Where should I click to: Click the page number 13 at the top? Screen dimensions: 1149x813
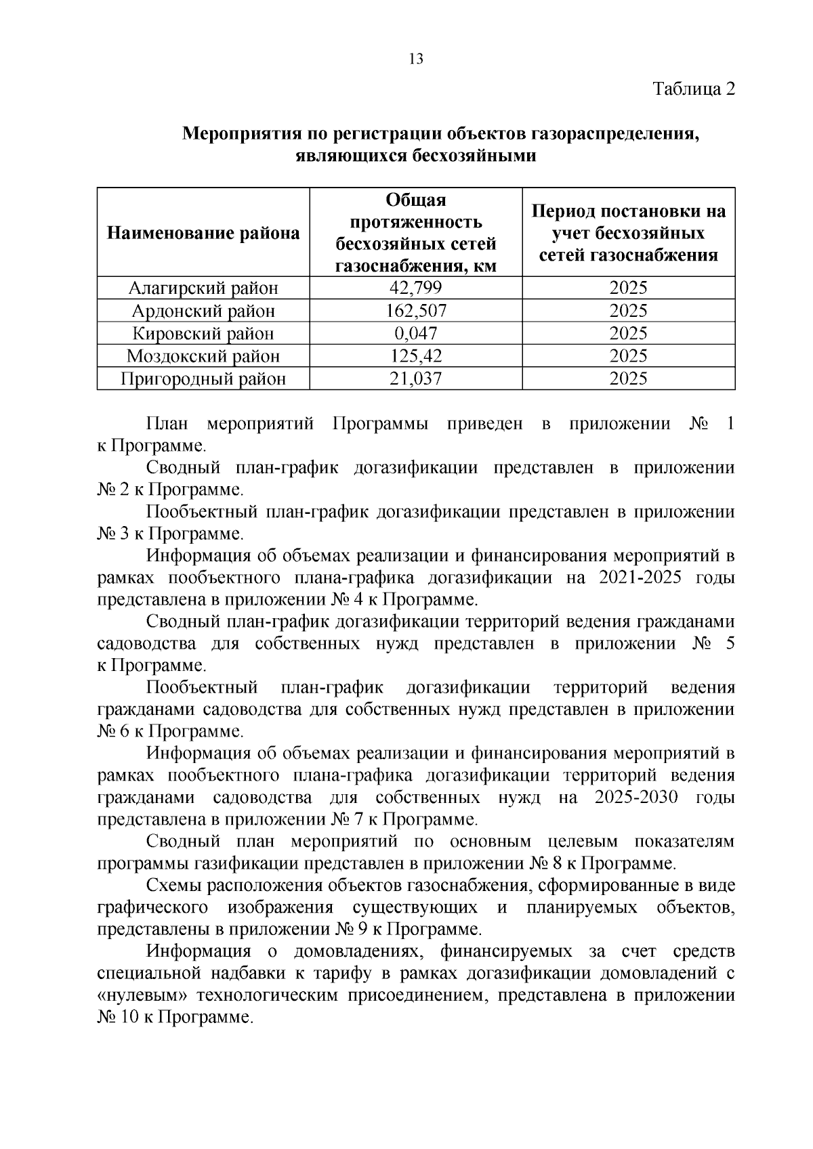pyautogui.click(x=416, y=59)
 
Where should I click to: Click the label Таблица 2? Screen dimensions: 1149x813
pyautogui.click(x=693, y=89)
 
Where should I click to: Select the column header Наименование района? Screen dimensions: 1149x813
pyautogui.click(x=203, y=234)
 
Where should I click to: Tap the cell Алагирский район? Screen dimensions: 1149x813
pyautogui.click(x=203, y=288)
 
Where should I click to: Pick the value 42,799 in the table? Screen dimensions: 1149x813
pyautogui.click(x=415, y=288)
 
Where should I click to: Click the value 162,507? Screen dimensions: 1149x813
pyautogui.click(x=415, y=311)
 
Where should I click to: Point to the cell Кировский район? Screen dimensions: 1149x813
pyautogui.click(x=203, y=333)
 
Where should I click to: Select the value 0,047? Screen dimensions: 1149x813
pyautogui.click(x=415, y=333)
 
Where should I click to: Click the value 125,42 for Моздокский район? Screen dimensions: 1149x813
pyautogui.click(x=415, y=355)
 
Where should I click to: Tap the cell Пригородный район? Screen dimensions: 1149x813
pyautogui.click(x=203, y=378)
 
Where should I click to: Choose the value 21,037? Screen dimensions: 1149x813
pyautogui.click(x=415, y=378)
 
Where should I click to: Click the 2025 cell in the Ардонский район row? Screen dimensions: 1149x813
pyautogui.click(x=628, y=311)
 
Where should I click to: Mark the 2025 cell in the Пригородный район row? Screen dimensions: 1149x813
pyautogui.click(x=628, y=378)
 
